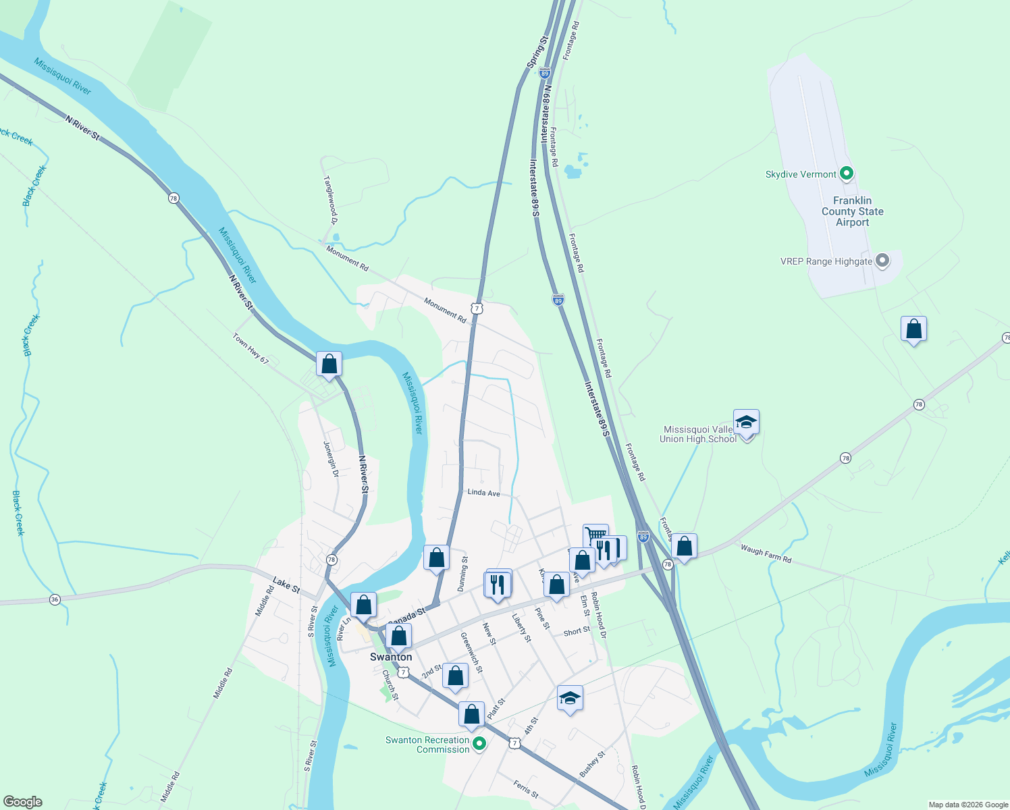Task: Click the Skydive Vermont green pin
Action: (x=846, y=174)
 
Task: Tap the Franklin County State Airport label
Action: (x=852, y=211)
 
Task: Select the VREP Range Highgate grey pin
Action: (x=882, y=261)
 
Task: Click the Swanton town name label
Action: (x=391, y=657)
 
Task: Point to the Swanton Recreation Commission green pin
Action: (x=479, y=745)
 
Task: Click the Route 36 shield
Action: (x=55, y=599)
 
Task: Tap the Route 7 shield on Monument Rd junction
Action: (x=477, y=308)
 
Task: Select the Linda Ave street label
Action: (x=483, y=493)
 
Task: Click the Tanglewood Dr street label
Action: (x=330, y=200)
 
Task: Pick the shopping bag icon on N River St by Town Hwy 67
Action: (x=329, y=364)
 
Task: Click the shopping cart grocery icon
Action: (x=595, y=535)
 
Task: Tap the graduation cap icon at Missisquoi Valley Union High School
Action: (x=745, y=422)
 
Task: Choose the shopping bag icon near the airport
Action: (x=913, y=329)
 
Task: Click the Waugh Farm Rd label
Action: (x=766, y=553)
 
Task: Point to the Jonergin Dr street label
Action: (x=330, y=459)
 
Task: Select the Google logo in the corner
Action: (x=22, y=802)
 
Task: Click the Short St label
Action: (x=577, y=632)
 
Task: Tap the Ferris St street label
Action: (x=526, y=789)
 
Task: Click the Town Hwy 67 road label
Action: (x=250, y=348)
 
